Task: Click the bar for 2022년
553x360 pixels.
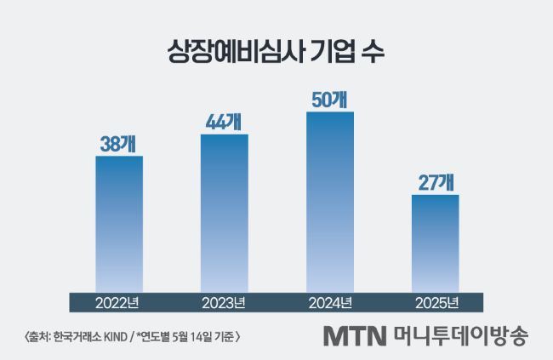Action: pyautogui.click(x=119, y=223)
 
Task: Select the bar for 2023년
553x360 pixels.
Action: pyautogui.click(x=225, y=213)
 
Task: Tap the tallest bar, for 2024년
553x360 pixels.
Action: pyautogui.click(x=330, y=201)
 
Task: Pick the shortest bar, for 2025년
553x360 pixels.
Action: pyautogui.click(x=435, y=243)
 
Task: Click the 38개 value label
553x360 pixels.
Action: pyautogui.click(x=119, y=144)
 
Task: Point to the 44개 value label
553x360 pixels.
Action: pyautogui.click(x=225, y=122)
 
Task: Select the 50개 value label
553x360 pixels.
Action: pyautogui.click(x=330, y=99)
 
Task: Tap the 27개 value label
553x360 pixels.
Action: pyautogui.click(x=435, y=183)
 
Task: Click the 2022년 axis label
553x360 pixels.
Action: pyautogui.click(x=119, y=302)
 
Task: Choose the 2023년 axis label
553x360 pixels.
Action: pyautogui.click(x=225, y=302)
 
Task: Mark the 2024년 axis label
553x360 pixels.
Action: pyautogui.click(x=330, y=302)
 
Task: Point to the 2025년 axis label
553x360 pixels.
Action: pyautogui.click(x=435, y=302)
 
